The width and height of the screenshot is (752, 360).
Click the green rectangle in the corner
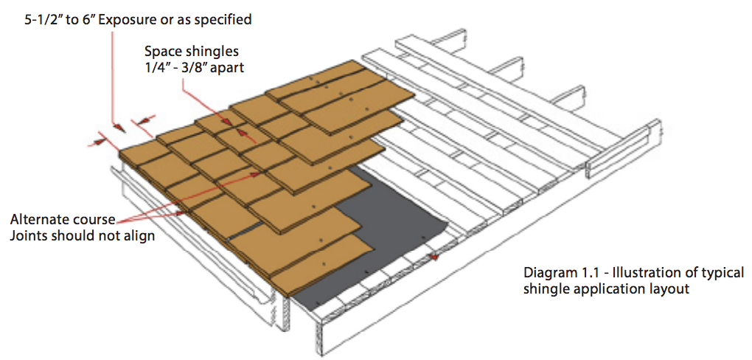point(672,53)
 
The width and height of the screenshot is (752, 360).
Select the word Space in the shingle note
point(162,52)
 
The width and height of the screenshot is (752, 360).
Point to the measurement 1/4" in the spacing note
point(159,67)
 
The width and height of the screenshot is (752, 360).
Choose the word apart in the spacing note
point(230,67)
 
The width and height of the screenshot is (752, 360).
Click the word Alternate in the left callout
point(41,220)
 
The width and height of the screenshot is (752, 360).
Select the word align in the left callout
point(140,236)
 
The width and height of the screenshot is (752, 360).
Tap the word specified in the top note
point(223,20)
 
